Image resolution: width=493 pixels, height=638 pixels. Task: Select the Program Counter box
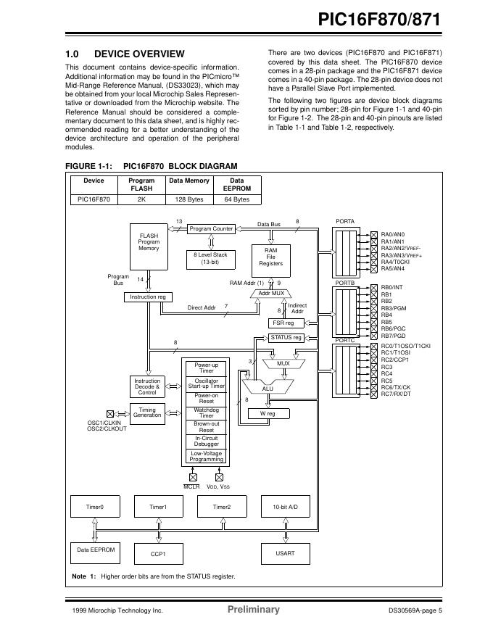[211, 229]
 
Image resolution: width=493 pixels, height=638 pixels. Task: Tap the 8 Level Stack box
[210, 258]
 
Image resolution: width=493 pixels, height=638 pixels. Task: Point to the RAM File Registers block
[271, 257]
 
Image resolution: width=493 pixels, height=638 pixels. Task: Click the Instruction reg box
[148, 297]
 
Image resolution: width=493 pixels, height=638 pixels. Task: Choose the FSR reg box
[283, 323]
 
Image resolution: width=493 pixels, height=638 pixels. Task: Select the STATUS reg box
[286, 338]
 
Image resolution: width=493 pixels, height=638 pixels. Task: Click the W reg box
[267, 414]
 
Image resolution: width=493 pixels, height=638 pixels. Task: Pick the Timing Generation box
[147, 412]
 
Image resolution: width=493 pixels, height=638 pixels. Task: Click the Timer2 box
[222, 507]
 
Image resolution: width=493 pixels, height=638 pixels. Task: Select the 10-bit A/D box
[285, 507]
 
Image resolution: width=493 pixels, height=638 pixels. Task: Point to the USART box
[285, 553]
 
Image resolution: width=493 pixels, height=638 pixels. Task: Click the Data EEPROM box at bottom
[96, 550]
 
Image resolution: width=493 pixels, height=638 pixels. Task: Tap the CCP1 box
[158, 554]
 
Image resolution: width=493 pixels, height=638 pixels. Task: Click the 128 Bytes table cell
[189, 199]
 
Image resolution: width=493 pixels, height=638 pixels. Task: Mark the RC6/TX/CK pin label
[396, 387]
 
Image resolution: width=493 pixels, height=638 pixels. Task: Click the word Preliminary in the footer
[253, 610]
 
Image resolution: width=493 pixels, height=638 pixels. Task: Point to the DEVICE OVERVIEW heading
[139, 54]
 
